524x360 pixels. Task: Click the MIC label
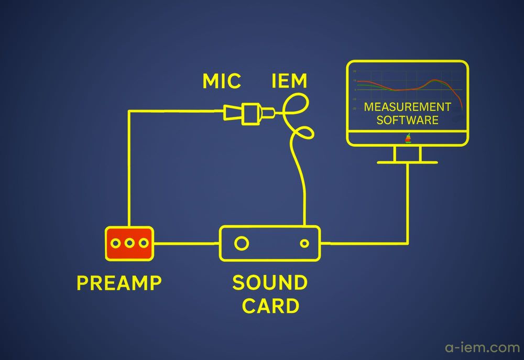pyautogui.click(x=222, y=81)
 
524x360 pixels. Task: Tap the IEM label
pyautogui.click(x=289, y=81)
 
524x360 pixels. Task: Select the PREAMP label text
pyautogui.click(x=119, y=283)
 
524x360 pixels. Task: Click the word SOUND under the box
pyautogui.click(x=270, y=283)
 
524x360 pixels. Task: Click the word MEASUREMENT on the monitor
pyautogui.click(x=407, y=107)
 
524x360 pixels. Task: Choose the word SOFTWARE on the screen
pyautogui.click(x=407, y=120)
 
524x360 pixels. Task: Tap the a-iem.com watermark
pyautogui.click(x=482, y=347)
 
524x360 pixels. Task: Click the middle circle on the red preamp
pyautogui.click(x=129, y=243)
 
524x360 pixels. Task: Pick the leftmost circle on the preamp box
pyautogui.click(x=116, y=243)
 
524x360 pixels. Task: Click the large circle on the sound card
pyautogui.click(x=241, y=243)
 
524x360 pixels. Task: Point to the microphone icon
pyautogui.click(x=249, y=112)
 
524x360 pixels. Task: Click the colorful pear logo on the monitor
pyautogui.click(x=408, y=138)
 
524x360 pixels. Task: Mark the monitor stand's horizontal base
pyautogui.click(x=407, y=162)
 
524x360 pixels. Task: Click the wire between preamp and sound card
pyautogui.click(x=187, y=243)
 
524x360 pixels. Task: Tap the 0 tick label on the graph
pyautogui.click(x=354, y=90)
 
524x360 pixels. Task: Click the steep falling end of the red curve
pyautogui.click(x=461, y=102)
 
